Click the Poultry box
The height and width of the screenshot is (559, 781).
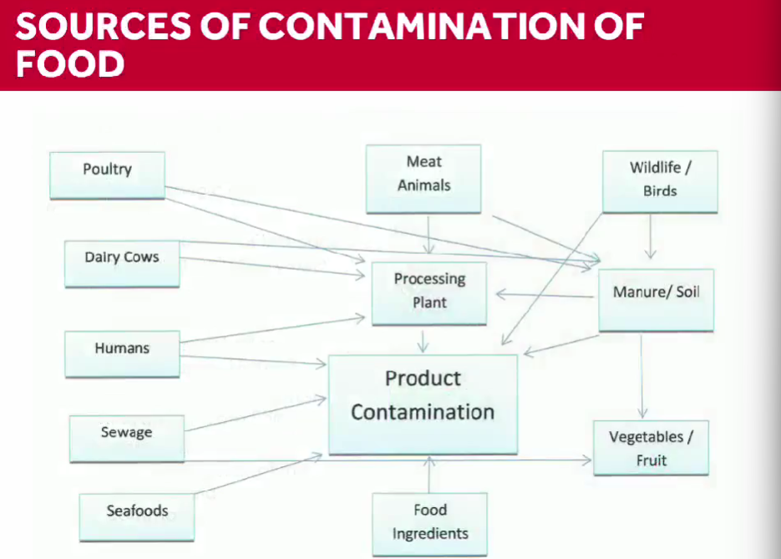click(107, 174)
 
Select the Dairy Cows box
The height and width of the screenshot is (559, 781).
click(122, 262)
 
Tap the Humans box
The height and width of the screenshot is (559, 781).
click(122, 353)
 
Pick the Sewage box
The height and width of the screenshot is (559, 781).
click(127, 438)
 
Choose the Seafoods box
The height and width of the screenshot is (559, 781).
click(137, 516)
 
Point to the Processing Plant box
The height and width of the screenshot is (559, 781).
click(429, 292)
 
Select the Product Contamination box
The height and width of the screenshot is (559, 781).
click(423, 404)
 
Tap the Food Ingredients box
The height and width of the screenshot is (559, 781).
click(430, 522)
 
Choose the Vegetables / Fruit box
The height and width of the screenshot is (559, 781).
click(651, 448)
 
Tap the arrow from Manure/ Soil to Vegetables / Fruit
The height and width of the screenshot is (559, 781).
click(642, 376)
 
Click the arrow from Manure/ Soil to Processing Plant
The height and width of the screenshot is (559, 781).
click(546, 294)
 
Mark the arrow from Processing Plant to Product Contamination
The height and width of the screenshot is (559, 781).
click(424, 340)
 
